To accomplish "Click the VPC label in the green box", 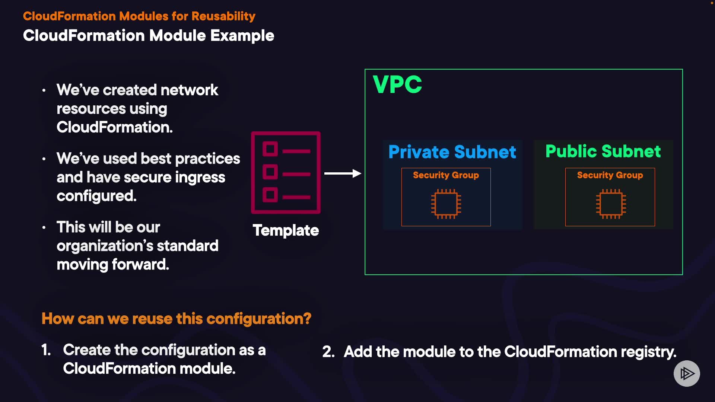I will [x=397, y=84].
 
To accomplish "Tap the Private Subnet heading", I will [x=452, y=152].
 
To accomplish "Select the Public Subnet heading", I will [x=603, y=151].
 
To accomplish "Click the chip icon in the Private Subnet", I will [x=446, y=204].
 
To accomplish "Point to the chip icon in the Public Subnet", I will [x=611, y=204].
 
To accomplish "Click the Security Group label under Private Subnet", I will [x=446, y=175].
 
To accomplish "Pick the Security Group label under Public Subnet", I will [x=610, y=175].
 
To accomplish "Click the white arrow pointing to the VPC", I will [x=343, y=173].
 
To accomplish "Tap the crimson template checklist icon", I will [x=286, y=173].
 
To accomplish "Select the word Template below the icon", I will [x=286, y=230].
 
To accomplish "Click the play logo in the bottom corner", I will [x=687, y=373].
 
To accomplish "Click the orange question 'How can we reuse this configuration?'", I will [x=176, y=319].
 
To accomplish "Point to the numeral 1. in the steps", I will [x=46, y=350].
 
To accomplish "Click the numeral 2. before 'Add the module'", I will [x=328, y=352].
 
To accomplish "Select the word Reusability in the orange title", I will [x=223, y=16].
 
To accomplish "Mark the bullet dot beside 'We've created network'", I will [x=44, y=90].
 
